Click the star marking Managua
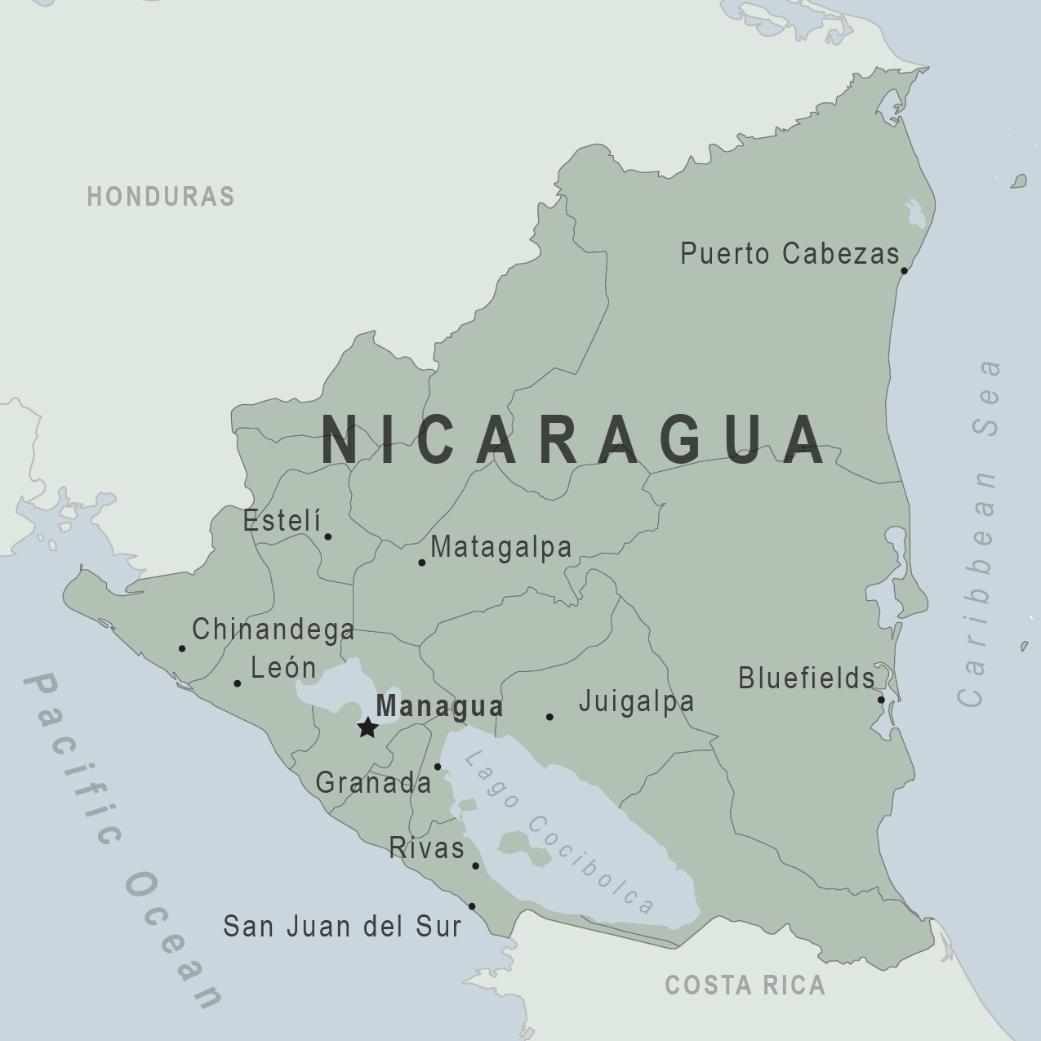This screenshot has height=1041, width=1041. (367, 727)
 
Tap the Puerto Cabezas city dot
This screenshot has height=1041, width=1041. (904, 270)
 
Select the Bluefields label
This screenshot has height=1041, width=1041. (806, 678)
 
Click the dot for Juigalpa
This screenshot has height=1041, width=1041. (549, 717)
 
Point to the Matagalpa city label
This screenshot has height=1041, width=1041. (500, 547)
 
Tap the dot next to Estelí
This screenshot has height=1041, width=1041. (327, 536)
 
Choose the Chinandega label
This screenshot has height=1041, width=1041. (273, 629)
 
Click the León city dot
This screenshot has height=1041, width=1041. (238, 683)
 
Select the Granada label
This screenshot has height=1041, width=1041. (373, 783)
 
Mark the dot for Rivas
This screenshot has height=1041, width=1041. (475, 865)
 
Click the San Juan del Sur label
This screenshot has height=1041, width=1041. (342, 927)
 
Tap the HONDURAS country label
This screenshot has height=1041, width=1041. (161, 197)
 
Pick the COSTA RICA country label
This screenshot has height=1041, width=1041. (745, 985)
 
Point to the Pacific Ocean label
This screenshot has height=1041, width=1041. (122, 841)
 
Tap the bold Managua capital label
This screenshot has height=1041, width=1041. (439, 706)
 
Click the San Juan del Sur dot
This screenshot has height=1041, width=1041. (472, 906)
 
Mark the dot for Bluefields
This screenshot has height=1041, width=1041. (881, 700)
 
